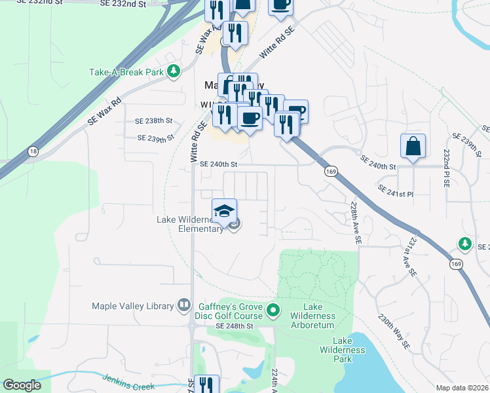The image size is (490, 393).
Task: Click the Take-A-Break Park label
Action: coord(126,71)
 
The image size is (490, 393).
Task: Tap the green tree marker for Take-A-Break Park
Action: coord(174,71)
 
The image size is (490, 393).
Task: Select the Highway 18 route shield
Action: coord(33,151)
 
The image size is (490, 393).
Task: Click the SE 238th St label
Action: coord(153,121)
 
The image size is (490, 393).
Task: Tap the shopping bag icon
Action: coord(413,147)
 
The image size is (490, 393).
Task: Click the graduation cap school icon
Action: coord(224,210)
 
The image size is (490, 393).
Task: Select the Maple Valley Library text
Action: coord(134,306)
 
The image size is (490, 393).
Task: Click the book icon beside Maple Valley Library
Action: coord(185,306)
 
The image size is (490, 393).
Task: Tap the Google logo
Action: coord(22,385)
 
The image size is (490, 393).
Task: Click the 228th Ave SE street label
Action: coord(355,223)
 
